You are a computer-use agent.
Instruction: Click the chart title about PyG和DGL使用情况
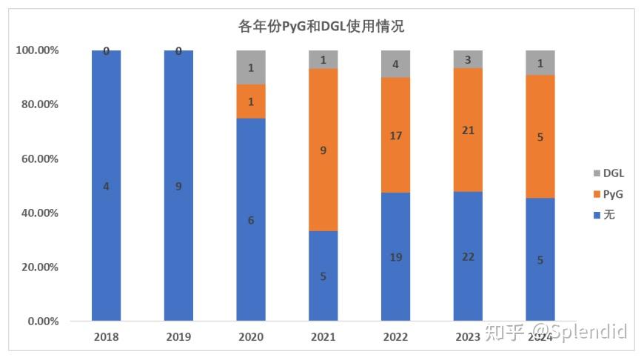[x=321, y=27]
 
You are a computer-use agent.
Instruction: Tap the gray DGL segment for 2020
[x=250, y=67]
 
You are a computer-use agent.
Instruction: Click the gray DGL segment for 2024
[x=540, y=63]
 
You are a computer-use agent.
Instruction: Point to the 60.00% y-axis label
[x=39, y=159]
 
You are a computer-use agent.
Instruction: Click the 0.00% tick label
[x=42, y=321]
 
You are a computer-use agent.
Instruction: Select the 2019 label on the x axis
[x=178, y=338]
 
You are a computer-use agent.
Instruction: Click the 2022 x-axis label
[x=395, y=338]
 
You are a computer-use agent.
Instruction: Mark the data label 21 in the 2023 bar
[x=467, y=130]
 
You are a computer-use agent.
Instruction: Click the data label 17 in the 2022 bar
[x=395, y=136]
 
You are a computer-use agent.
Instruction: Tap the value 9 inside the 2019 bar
[x=178, y=187]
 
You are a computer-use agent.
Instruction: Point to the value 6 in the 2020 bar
[x=250, y=220]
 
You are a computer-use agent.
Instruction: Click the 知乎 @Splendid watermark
[x=556, y=331]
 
